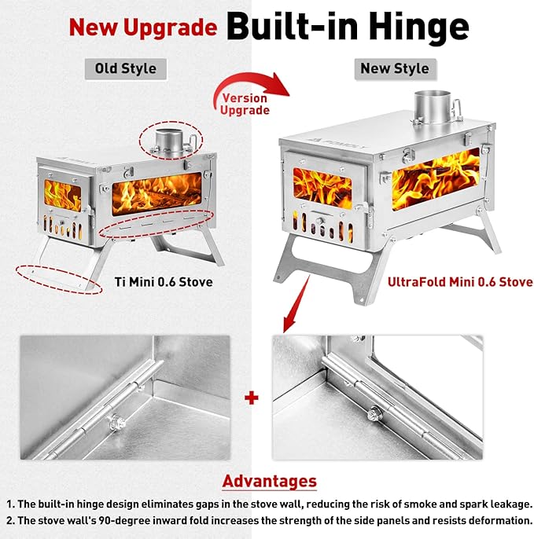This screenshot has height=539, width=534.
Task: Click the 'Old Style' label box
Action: click(126, 69)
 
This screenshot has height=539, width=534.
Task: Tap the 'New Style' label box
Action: click(395, 69)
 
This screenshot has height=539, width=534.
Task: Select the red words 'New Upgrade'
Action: click(143, 27)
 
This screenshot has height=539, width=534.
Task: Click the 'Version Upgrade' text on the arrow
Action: click(245, 104)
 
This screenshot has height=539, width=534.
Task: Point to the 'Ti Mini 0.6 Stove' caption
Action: click(164, 282)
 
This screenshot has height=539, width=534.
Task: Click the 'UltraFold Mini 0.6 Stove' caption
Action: click(460, 282)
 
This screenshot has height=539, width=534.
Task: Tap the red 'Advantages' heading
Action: click(270, 481)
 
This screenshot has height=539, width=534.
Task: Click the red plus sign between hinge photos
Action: click(252, 398)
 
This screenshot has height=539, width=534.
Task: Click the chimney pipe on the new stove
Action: click(433, 106)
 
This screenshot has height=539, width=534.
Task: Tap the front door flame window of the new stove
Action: click(322, 187)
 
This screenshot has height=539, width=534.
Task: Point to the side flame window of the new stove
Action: click(436, 179)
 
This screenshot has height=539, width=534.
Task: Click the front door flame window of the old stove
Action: click(62, 195)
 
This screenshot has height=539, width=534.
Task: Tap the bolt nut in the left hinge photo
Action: click(117, 422)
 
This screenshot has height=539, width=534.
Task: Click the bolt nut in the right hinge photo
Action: click(374, 413)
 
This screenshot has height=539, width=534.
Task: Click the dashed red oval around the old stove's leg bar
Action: click(59, 280)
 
